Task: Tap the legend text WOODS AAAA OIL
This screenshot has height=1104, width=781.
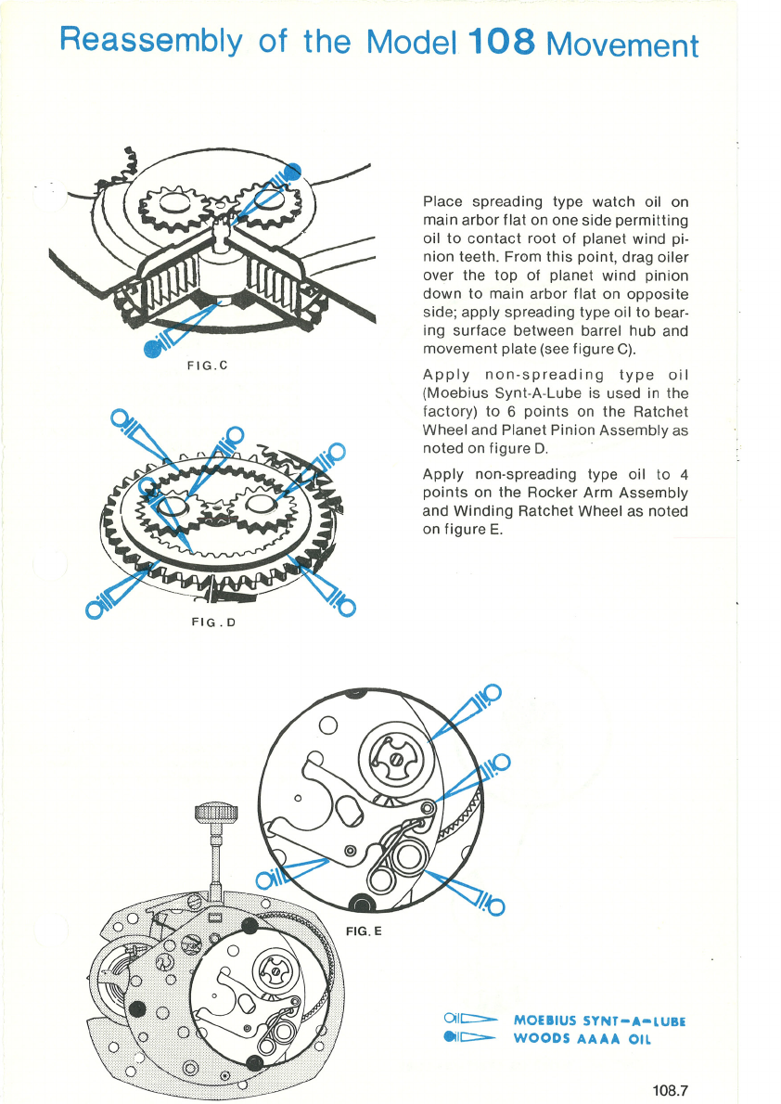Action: (583, 1039)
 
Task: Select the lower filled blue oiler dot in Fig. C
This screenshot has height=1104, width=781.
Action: (151, 349)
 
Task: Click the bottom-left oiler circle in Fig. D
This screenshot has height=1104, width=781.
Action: (94, 610)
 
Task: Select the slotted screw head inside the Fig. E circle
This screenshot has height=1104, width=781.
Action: (394, 759)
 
